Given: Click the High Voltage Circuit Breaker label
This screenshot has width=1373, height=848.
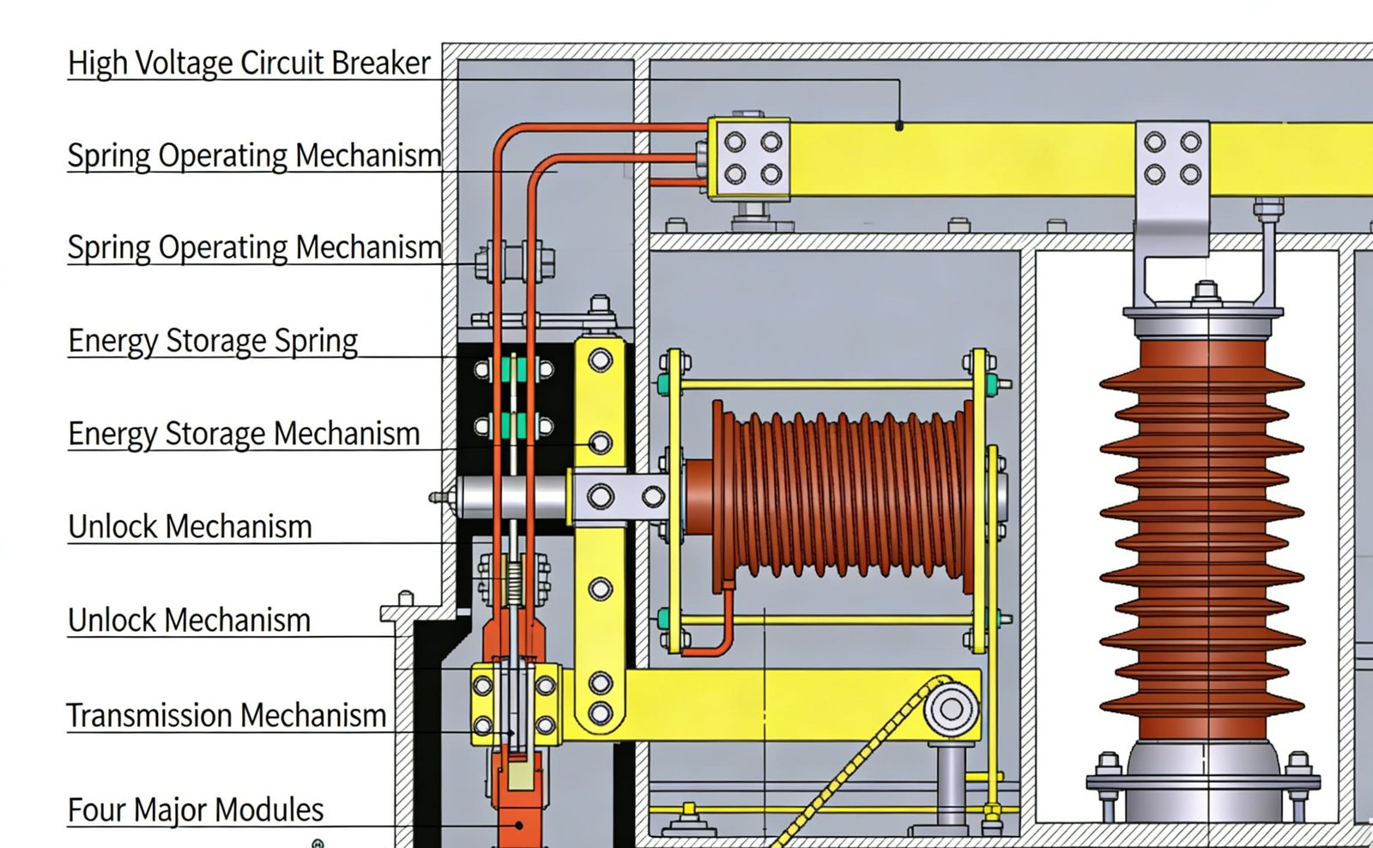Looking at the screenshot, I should (x=249, y=63).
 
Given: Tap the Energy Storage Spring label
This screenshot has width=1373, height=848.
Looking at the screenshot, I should (x=213, y=341).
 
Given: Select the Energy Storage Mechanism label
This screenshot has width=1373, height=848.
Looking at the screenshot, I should (x=244, y=433).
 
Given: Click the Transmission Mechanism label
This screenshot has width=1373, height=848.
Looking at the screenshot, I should (x=227, y=715).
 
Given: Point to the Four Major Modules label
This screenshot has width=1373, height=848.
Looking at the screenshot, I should (x=196, y=809).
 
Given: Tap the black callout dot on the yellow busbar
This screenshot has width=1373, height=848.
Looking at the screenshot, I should (x=898, y=126).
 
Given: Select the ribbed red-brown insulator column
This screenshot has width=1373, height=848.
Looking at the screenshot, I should (x=1201, y=532).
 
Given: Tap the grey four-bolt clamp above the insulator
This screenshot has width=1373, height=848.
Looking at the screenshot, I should (x=1172, y=159).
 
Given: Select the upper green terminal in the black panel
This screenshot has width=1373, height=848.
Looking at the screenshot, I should (x=514, y=370).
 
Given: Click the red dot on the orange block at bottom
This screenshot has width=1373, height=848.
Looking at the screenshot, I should (x=519, y=825).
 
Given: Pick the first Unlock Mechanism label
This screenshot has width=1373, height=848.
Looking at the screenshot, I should (x=190, y=526).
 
